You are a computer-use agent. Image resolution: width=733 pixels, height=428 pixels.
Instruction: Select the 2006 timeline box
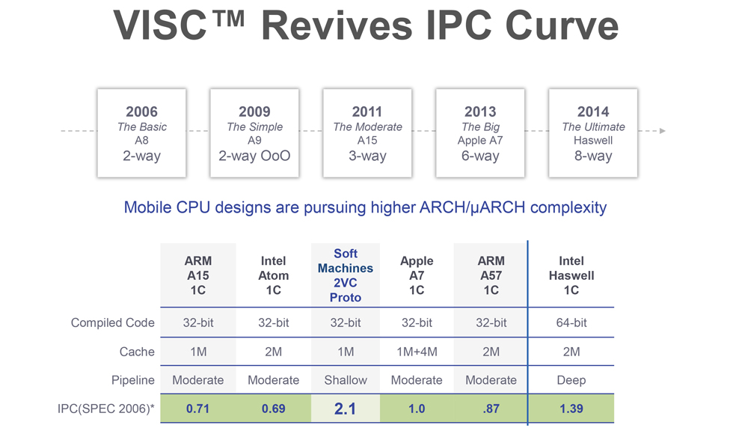tap(141, 133)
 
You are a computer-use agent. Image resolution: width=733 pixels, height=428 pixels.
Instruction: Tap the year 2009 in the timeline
tap(254, 111)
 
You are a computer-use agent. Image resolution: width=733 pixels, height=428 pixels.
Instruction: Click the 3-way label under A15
tap(367, 156)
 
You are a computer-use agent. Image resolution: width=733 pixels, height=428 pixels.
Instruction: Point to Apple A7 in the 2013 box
tap(480, 141)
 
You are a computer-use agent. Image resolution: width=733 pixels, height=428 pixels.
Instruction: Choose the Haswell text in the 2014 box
tap(593, 141)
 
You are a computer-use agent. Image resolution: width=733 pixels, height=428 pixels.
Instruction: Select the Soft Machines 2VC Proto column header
tap(345, 275)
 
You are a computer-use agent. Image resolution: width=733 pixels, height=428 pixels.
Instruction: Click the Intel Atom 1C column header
tap(273, 275)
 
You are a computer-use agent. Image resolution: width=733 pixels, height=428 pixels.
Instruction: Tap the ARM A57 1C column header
tap(491, 275)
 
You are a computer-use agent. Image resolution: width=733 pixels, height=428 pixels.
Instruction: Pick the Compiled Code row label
tap(113, 323)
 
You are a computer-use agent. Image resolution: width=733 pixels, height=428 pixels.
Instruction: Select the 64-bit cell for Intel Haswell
tap(571, 323)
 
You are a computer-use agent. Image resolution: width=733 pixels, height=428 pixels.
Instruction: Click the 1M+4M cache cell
tap(417, 352)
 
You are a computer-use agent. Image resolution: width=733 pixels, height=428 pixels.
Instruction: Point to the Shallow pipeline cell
tap(345, 380)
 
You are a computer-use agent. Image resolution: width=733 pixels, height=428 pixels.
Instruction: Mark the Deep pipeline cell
tap(571, 380)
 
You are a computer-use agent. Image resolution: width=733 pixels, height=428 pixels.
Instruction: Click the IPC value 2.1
tap(345, 409)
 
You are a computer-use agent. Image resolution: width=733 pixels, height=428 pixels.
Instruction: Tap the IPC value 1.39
tap(571, 409)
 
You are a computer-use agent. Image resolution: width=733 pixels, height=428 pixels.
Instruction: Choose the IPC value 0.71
tap(197, 409)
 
